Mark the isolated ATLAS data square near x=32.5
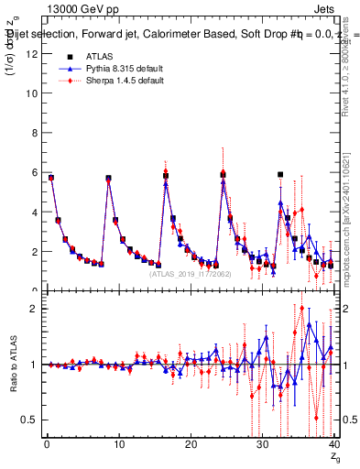click(280, 174)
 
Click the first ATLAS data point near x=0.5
click(51, 178)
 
